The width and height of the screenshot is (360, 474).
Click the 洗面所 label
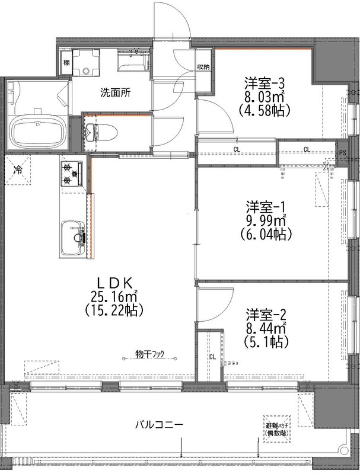(x=116, y=92)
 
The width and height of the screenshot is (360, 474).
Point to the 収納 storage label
(x=204, y=66)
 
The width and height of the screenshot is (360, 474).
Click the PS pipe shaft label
(x=342, y=153)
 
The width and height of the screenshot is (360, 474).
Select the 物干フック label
(x=149, y=354)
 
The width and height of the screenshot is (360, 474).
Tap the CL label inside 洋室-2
(x=212, y=357)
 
